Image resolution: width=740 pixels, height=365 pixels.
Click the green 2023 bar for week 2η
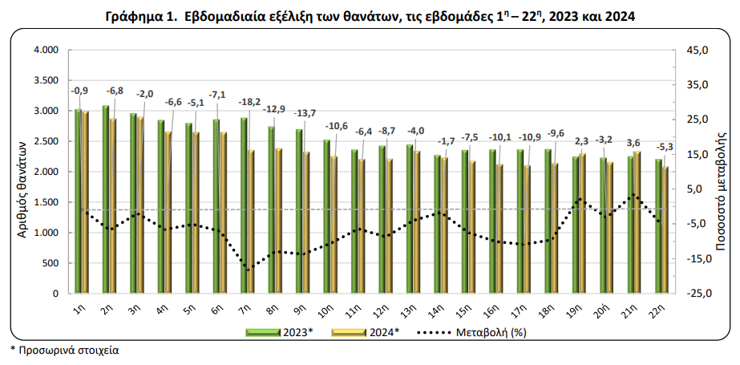click(106, 199)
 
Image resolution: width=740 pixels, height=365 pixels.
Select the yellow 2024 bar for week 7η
click(251, 221)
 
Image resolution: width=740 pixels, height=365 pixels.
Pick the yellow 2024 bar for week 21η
click(637, 222)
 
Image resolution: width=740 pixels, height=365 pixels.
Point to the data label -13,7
click(304, 113)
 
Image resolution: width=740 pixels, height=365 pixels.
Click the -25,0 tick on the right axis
click(686, 294)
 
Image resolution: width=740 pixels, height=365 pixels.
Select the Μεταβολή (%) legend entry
click(472, 332)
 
